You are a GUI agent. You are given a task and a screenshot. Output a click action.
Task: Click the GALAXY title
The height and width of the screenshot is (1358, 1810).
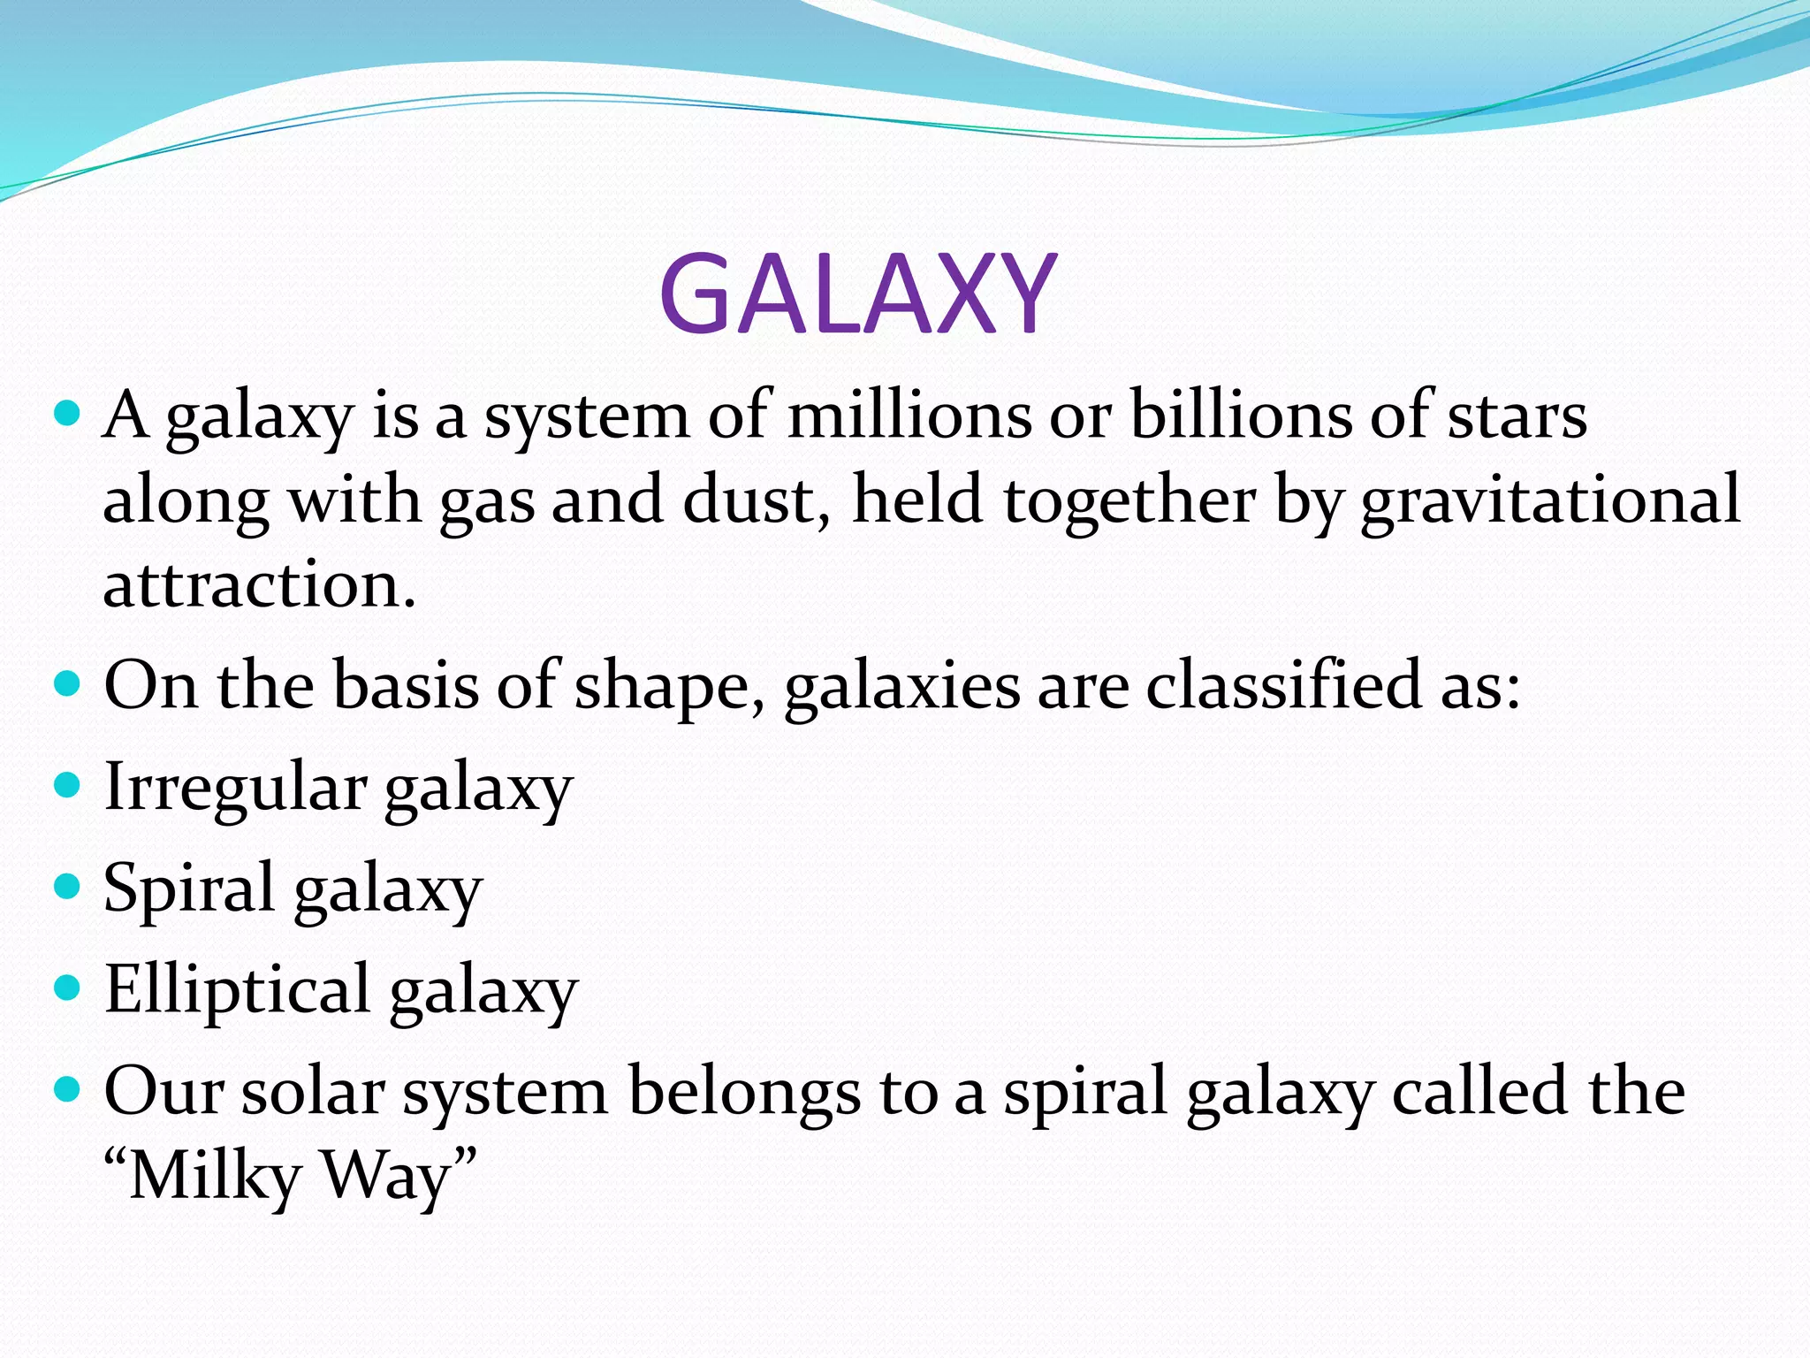857,294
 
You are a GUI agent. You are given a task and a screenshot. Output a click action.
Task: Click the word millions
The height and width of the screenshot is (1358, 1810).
909,416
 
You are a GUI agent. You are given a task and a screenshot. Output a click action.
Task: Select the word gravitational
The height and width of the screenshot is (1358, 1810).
1550,500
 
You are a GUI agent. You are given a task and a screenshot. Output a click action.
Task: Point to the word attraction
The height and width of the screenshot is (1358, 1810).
258,585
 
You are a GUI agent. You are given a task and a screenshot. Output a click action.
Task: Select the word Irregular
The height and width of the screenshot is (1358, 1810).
235,788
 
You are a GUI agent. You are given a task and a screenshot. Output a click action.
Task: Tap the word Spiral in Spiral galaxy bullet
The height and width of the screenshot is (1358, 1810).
188,888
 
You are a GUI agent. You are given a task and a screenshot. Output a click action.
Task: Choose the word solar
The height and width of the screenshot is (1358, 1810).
313,1091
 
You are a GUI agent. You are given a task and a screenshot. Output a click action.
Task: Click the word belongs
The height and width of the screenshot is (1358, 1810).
743,1093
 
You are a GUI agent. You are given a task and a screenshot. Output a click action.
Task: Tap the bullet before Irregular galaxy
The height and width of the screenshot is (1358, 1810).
67,784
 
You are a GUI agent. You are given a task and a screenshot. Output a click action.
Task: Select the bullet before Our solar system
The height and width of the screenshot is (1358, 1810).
67,1087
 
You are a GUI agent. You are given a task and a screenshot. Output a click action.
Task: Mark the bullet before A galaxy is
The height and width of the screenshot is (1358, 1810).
67,412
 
